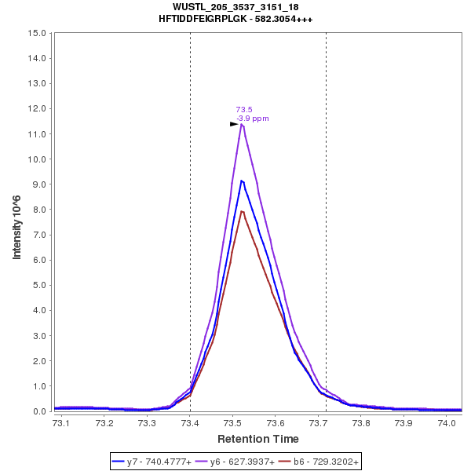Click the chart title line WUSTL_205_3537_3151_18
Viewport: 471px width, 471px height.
tap(235, 7)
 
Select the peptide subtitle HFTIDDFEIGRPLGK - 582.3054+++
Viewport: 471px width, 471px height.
tap(235, 19)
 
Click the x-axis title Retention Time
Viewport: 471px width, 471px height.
tap(257, 438)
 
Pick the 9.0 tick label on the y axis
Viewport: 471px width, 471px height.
tap(39, 184)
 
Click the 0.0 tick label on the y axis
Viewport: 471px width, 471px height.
tap(39, 411)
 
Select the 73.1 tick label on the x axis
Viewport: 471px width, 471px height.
tap(60, 423)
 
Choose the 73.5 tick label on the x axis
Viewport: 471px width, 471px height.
tap(232, 423)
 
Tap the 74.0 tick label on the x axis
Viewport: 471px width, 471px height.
tap(447, 423)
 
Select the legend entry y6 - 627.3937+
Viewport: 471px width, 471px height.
tap(242, 462)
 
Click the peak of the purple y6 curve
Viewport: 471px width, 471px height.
tap(242, 124)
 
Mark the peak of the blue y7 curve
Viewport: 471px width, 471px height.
tap(242, 181)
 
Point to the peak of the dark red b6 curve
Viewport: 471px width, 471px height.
tap(242, 211)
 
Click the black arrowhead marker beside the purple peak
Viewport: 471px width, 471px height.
tap(234, 124)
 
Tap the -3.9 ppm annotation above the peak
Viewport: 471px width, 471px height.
tap(253, 119)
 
